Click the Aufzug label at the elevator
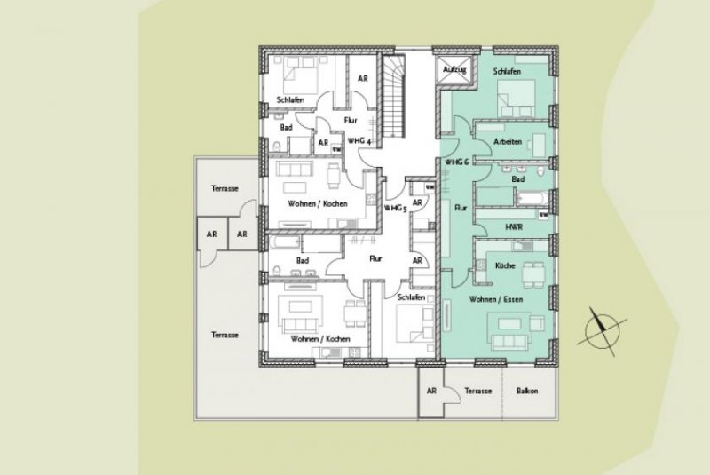[454, 68]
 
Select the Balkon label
[527, 391]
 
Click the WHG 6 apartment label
[456, 162]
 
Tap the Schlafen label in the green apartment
[506, 70]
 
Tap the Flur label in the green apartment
[460, 207]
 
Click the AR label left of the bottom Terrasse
[431, 391]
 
